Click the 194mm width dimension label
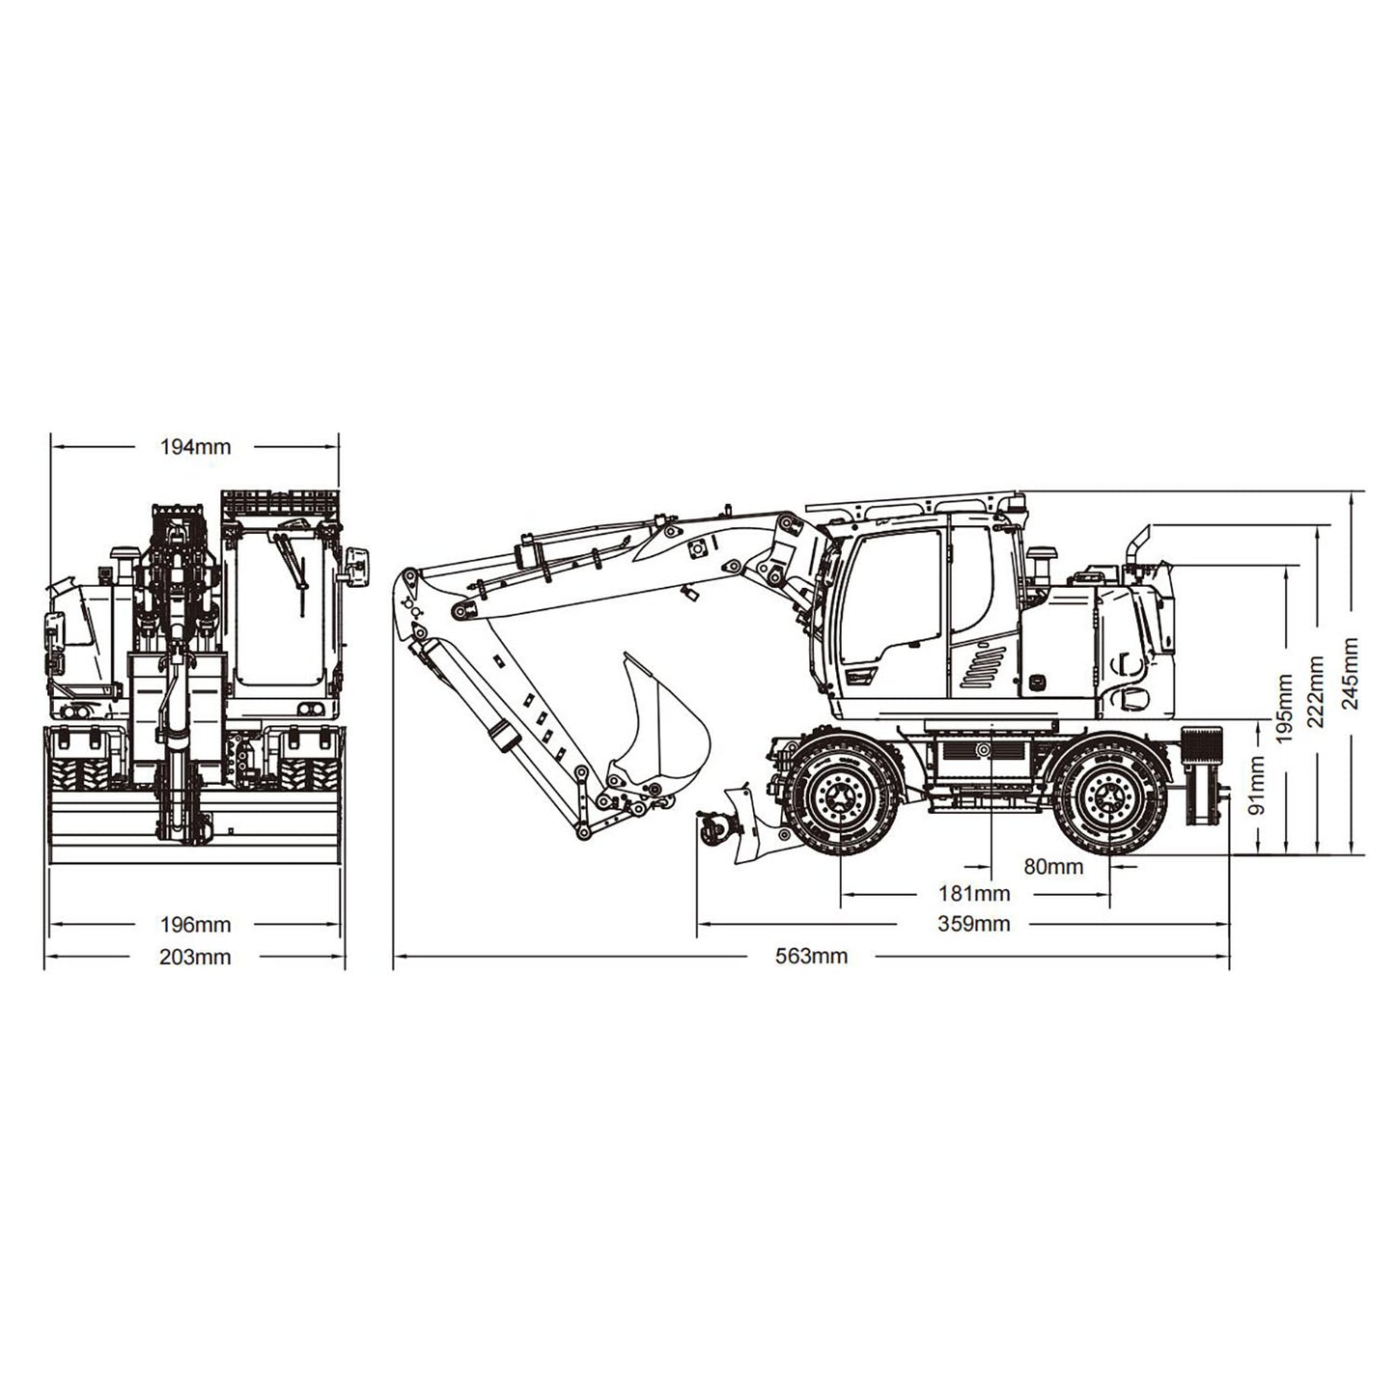[195, 446]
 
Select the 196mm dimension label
[195, 925]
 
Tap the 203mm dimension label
[195, 957]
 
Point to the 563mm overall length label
[812, 957]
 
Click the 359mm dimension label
[973, 925]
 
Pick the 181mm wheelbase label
[973, 894]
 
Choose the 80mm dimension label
[1053, 866]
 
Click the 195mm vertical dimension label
[1285, 708]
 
